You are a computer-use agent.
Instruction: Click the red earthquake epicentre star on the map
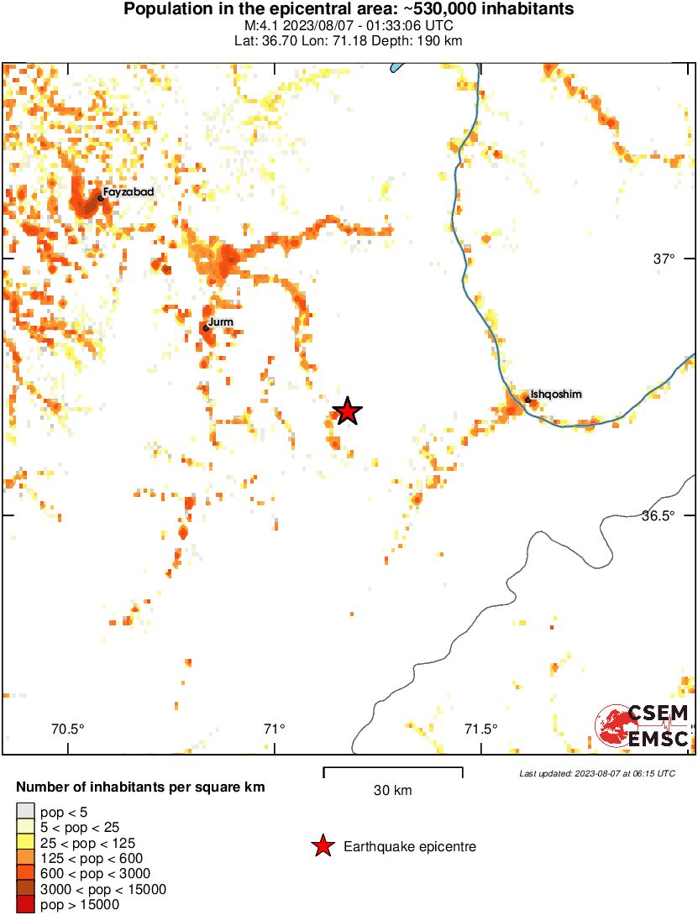(x=346, y=411)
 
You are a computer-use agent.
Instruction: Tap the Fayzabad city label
(x=128, y=192)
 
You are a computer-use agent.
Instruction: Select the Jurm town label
(x=221, y=322)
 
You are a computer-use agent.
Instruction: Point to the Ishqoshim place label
(x=556, y=394)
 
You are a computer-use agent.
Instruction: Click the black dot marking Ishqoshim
(x=527, y=400)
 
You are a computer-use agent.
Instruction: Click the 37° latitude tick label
(x=664, y=259)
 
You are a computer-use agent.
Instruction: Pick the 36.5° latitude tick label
(x=658, y=515)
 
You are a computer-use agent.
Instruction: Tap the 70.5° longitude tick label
(x=68, y=729)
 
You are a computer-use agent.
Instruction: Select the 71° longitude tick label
(x=274, y=729)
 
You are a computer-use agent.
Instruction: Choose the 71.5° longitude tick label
(x=481, y=729)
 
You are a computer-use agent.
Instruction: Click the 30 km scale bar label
(x=392, y=791)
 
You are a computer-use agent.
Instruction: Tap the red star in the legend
(x=323, y=847)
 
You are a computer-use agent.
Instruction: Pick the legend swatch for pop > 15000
(x=25, y=905)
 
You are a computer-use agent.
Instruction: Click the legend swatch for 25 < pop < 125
(x=25, y=843)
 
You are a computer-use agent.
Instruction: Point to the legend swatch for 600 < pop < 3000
(x=25, y=874)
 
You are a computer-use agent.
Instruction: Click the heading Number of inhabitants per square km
(x=141, y=787)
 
